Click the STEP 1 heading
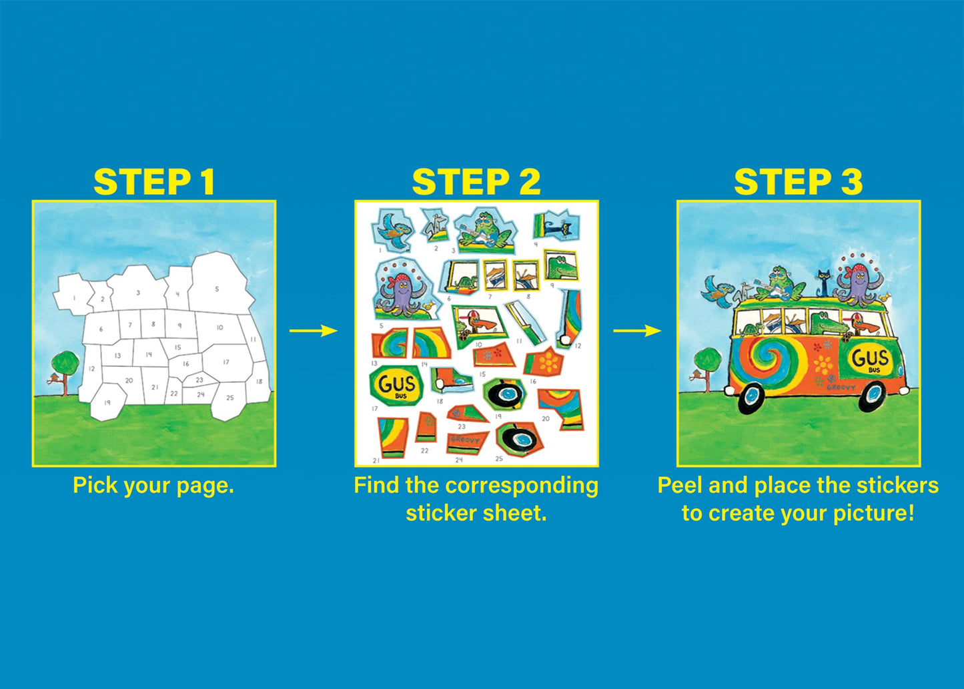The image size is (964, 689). pyautogui.click(x=154, y=182)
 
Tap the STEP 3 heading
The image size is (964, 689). pyautogui.click(x=798, y=182)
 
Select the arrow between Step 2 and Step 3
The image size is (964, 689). pyautogui.click(x=637, y=331)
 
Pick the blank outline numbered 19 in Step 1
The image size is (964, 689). pyautogui.click(x=107, y=402)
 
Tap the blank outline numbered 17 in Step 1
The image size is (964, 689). pyautogui.click(x=226, y=362)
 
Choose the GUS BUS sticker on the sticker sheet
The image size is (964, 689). pyautogui.click(x=397, y=385)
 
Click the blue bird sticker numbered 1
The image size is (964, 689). pyautogui.click(x=393, y=230)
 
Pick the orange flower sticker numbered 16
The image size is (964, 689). pyautogui.click(x=548, y=362)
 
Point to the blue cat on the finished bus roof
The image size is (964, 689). pyautogui.click(x=825, y=283)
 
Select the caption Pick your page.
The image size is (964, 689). pyautogui.click(x=153, y=486)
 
